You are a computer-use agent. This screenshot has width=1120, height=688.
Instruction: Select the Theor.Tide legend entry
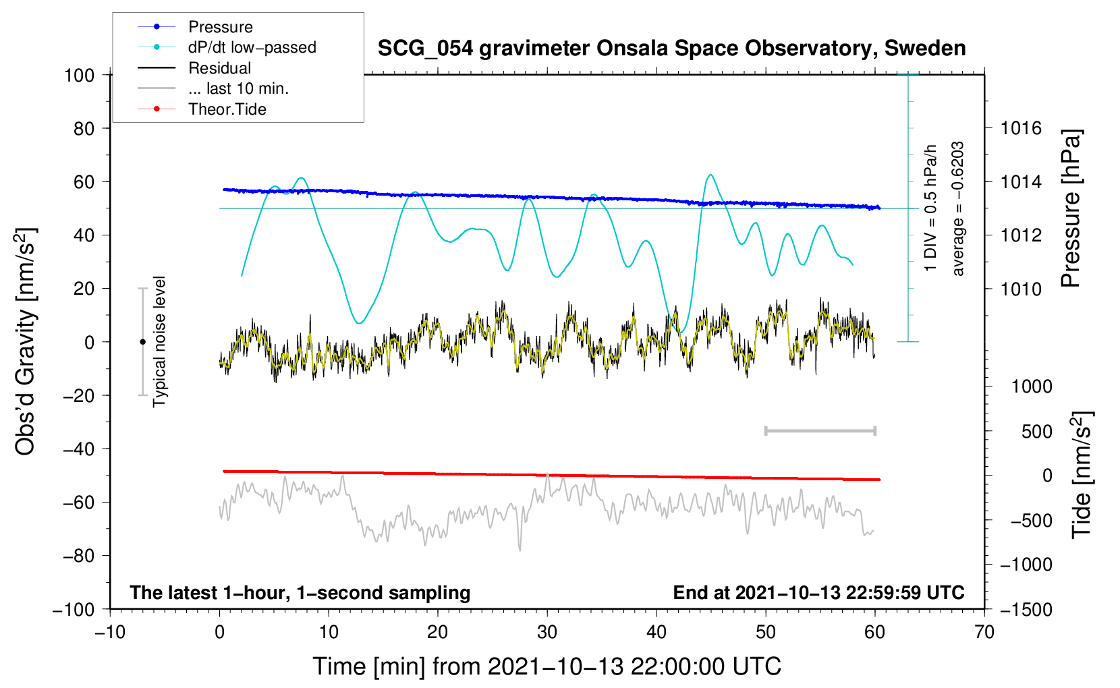[227, 109]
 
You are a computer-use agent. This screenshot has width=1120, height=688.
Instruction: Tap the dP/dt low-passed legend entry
[252, 47]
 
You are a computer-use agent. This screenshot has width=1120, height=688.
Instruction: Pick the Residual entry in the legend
[219, 68]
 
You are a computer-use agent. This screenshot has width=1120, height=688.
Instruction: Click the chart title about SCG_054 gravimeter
[671, 49]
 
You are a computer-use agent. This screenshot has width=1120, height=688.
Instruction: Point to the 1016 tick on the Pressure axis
[1021, 128]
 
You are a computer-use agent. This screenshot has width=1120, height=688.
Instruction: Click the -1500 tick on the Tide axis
[1026, 609]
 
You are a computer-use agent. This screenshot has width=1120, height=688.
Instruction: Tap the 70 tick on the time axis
[984, 632]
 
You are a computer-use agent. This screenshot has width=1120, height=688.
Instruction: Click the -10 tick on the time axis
[110, 632]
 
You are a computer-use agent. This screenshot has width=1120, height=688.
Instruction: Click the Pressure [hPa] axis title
[1071, 209]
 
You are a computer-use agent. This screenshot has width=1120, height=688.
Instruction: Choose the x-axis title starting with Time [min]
[547, 666]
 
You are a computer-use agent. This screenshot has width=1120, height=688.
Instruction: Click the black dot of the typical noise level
[142, 342]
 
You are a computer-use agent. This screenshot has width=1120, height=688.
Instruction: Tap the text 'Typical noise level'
[159, 341]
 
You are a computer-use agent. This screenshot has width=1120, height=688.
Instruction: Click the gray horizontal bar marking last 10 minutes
[820, 430]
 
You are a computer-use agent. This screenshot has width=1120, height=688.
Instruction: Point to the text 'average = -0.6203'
[958, 209]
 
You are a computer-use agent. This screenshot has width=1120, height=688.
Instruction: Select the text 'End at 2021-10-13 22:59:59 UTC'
[818, 592]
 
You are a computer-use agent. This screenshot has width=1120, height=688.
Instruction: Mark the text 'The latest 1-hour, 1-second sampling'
[300, 592]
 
